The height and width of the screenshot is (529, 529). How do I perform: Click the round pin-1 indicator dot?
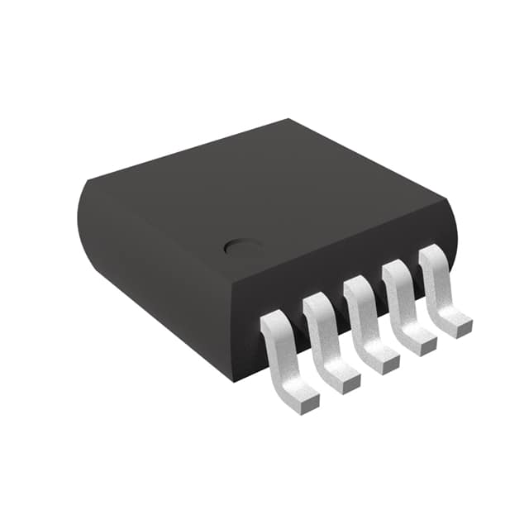tap(241, 245)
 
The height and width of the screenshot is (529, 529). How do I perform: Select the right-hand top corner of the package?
tap(446, 198)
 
